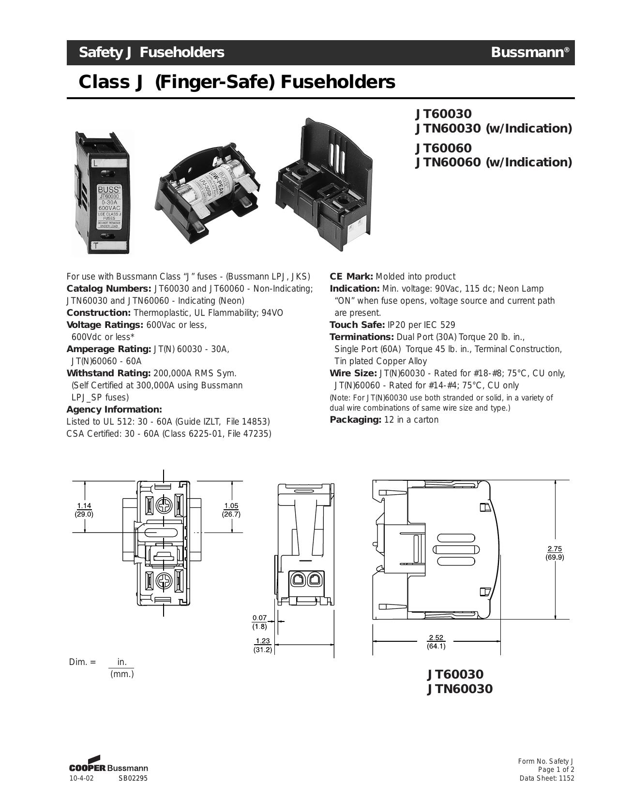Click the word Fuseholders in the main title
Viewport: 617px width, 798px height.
click(x=338, y=82)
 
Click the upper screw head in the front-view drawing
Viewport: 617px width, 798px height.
click(x=164, y=506)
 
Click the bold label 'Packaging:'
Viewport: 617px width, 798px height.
click(x=355, y=420)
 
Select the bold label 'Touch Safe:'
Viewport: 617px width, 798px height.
click(x=357, y=325)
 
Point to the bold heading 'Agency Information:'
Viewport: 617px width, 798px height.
click(x=114, y=410)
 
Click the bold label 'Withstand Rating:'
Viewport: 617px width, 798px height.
click(x=109, y=373)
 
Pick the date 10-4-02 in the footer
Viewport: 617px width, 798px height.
click(x=81, y=779)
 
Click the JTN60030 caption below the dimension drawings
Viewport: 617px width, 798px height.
click(x=460, y=689)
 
